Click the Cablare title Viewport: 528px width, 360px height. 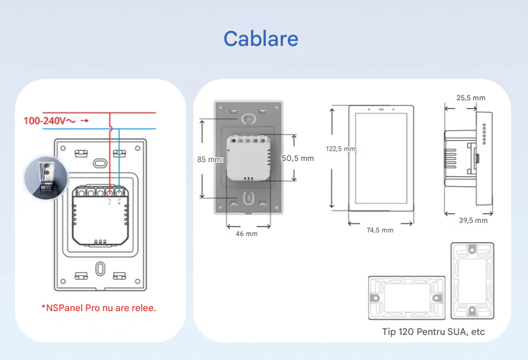(x=260, y=39)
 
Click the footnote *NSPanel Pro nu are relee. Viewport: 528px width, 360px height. (x=99, y=308)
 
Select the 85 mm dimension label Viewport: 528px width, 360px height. (x=210, y=159)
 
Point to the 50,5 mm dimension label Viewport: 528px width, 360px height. (x=297, y=159)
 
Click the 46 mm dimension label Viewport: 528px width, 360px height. (x=247, y=234)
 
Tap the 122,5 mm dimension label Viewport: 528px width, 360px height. (x=340, y=149)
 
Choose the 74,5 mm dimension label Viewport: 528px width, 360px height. (x=380, y=230)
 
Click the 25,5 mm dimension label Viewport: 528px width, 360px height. (x=471, y=98)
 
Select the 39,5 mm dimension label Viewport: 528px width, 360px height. (x=473, y=221)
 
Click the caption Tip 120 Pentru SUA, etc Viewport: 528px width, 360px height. (x=433, y=331)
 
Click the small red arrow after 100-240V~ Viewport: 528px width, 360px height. (x=85, y=121)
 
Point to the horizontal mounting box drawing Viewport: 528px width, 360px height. (x=406, y=297)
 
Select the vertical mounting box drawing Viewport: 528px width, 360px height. (x=472, y=279)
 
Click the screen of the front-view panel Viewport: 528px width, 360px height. (x=381, y=157)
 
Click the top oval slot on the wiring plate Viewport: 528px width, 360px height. (x=100, y=162)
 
